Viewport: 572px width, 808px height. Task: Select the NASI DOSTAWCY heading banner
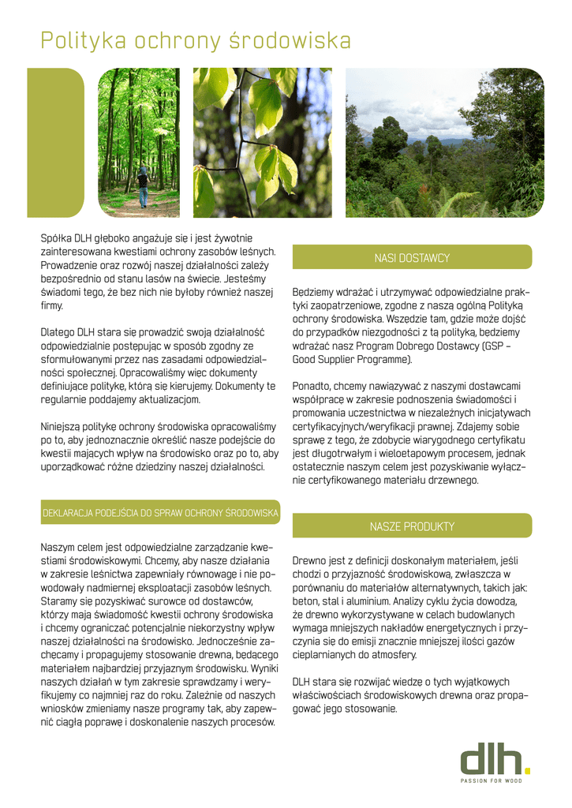pyautogui.click(x=412, y=258)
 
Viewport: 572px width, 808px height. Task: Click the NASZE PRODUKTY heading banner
pyautogui.click(x=412, y=526)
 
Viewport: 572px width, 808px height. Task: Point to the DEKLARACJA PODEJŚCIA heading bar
pyautogui.click(x=160, y=514)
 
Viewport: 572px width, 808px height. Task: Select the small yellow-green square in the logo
pyautogui.click(x=528, y=770)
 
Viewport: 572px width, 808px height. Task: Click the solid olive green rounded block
pyautogui.click(x=55, y=142)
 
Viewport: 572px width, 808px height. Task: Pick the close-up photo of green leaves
pyautogui.click(x=263, y=142)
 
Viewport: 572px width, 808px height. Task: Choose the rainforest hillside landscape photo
pyautogui.click(x=445, y=142)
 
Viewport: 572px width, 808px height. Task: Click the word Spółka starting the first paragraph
pyautogui.click(x=56, y=238)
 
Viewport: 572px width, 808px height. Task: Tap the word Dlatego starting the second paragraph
pyautogui.click(x=58, y=332)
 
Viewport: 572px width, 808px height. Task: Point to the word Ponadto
pyautogui.click(x=312, y=387)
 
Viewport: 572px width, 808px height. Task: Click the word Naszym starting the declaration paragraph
pyautogui.click(x=59, y=547)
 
